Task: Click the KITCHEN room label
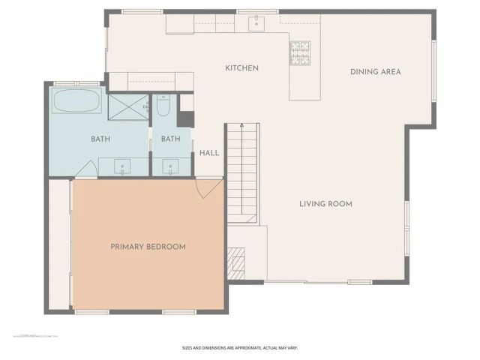(x=241, y=68)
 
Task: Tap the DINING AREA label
(x=375, y=72)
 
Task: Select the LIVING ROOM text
(x=325, y=204)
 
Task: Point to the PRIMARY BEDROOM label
(x=148, y=247)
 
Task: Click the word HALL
(x=209, y=153)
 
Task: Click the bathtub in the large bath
(x=77, y=102)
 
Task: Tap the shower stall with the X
(x=128, y=107)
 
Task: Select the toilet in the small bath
(x=163, y=107)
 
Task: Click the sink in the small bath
(x=170, y=165)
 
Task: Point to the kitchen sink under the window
(x=258, y=23)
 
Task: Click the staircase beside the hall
(x=242, y=172)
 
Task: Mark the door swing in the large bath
(x=87, y=169)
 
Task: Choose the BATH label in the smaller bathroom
(x=170, y=139)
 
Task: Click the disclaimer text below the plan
(x=240, y=348)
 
